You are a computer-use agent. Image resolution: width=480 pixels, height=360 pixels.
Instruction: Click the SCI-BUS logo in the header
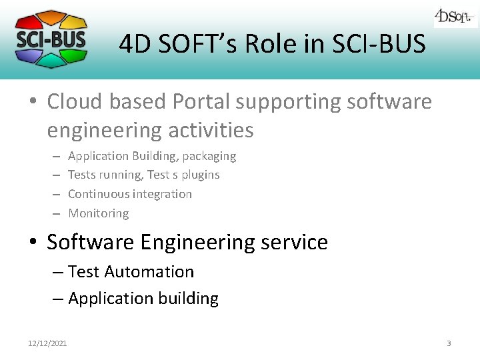tap(51, 38)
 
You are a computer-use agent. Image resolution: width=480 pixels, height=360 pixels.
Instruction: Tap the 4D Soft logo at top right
tap(455, 17)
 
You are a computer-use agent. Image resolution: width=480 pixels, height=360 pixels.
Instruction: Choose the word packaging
tap(209, 156)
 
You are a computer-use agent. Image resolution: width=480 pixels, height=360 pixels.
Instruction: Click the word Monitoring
tap(99, 213)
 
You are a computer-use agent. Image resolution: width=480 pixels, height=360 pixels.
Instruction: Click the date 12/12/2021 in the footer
tap(47, 343)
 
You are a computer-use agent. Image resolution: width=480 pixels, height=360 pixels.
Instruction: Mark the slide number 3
tap(449, 343)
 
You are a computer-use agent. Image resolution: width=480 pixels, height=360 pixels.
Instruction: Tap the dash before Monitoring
tap(56, 213)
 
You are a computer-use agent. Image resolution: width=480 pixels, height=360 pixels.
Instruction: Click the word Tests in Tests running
tap(82, 175)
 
